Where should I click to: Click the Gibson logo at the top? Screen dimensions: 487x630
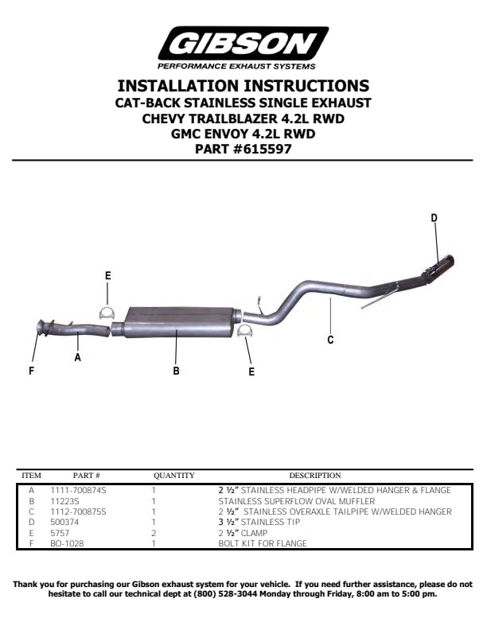pos(243,49)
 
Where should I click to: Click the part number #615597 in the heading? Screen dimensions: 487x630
pos(263,149)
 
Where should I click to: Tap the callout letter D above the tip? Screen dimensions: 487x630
pos(434,218)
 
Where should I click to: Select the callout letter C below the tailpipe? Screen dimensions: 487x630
pos(330,340)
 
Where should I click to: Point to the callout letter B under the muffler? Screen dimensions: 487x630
pos(176,371)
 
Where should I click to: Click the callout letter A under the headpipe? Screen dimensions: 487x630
pos(77,357)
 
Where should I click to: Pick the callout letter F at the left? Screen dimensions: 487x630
pos(31,371)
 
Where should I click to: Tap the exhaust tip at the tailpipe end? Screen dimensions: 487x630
pos(438,266)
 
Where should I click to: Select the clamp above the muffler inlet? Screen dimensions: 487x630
pos(107,313)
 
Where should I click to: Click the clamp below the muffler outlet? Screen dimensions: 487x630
pos(245,332)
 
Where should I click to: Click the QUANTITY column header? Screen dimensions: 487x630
pos(174,476)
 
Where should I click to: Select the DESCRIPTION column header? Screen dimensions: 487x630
pos(315,476)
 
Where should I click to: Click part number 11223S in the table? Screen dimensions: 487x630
pos(64,501)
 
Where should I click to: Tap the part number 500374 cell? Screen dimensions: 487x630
pos(64,523)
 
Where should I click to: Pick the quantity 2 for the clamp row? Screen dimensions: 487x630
pos(154,533)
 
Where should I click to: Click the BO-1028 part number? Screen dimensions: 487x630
pos(67,543)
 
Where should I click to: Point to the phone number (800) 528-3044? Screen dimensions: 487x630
pos(220,594)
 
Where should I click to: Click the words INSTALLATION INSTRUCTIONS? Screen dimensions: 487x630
pos(243,86)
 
